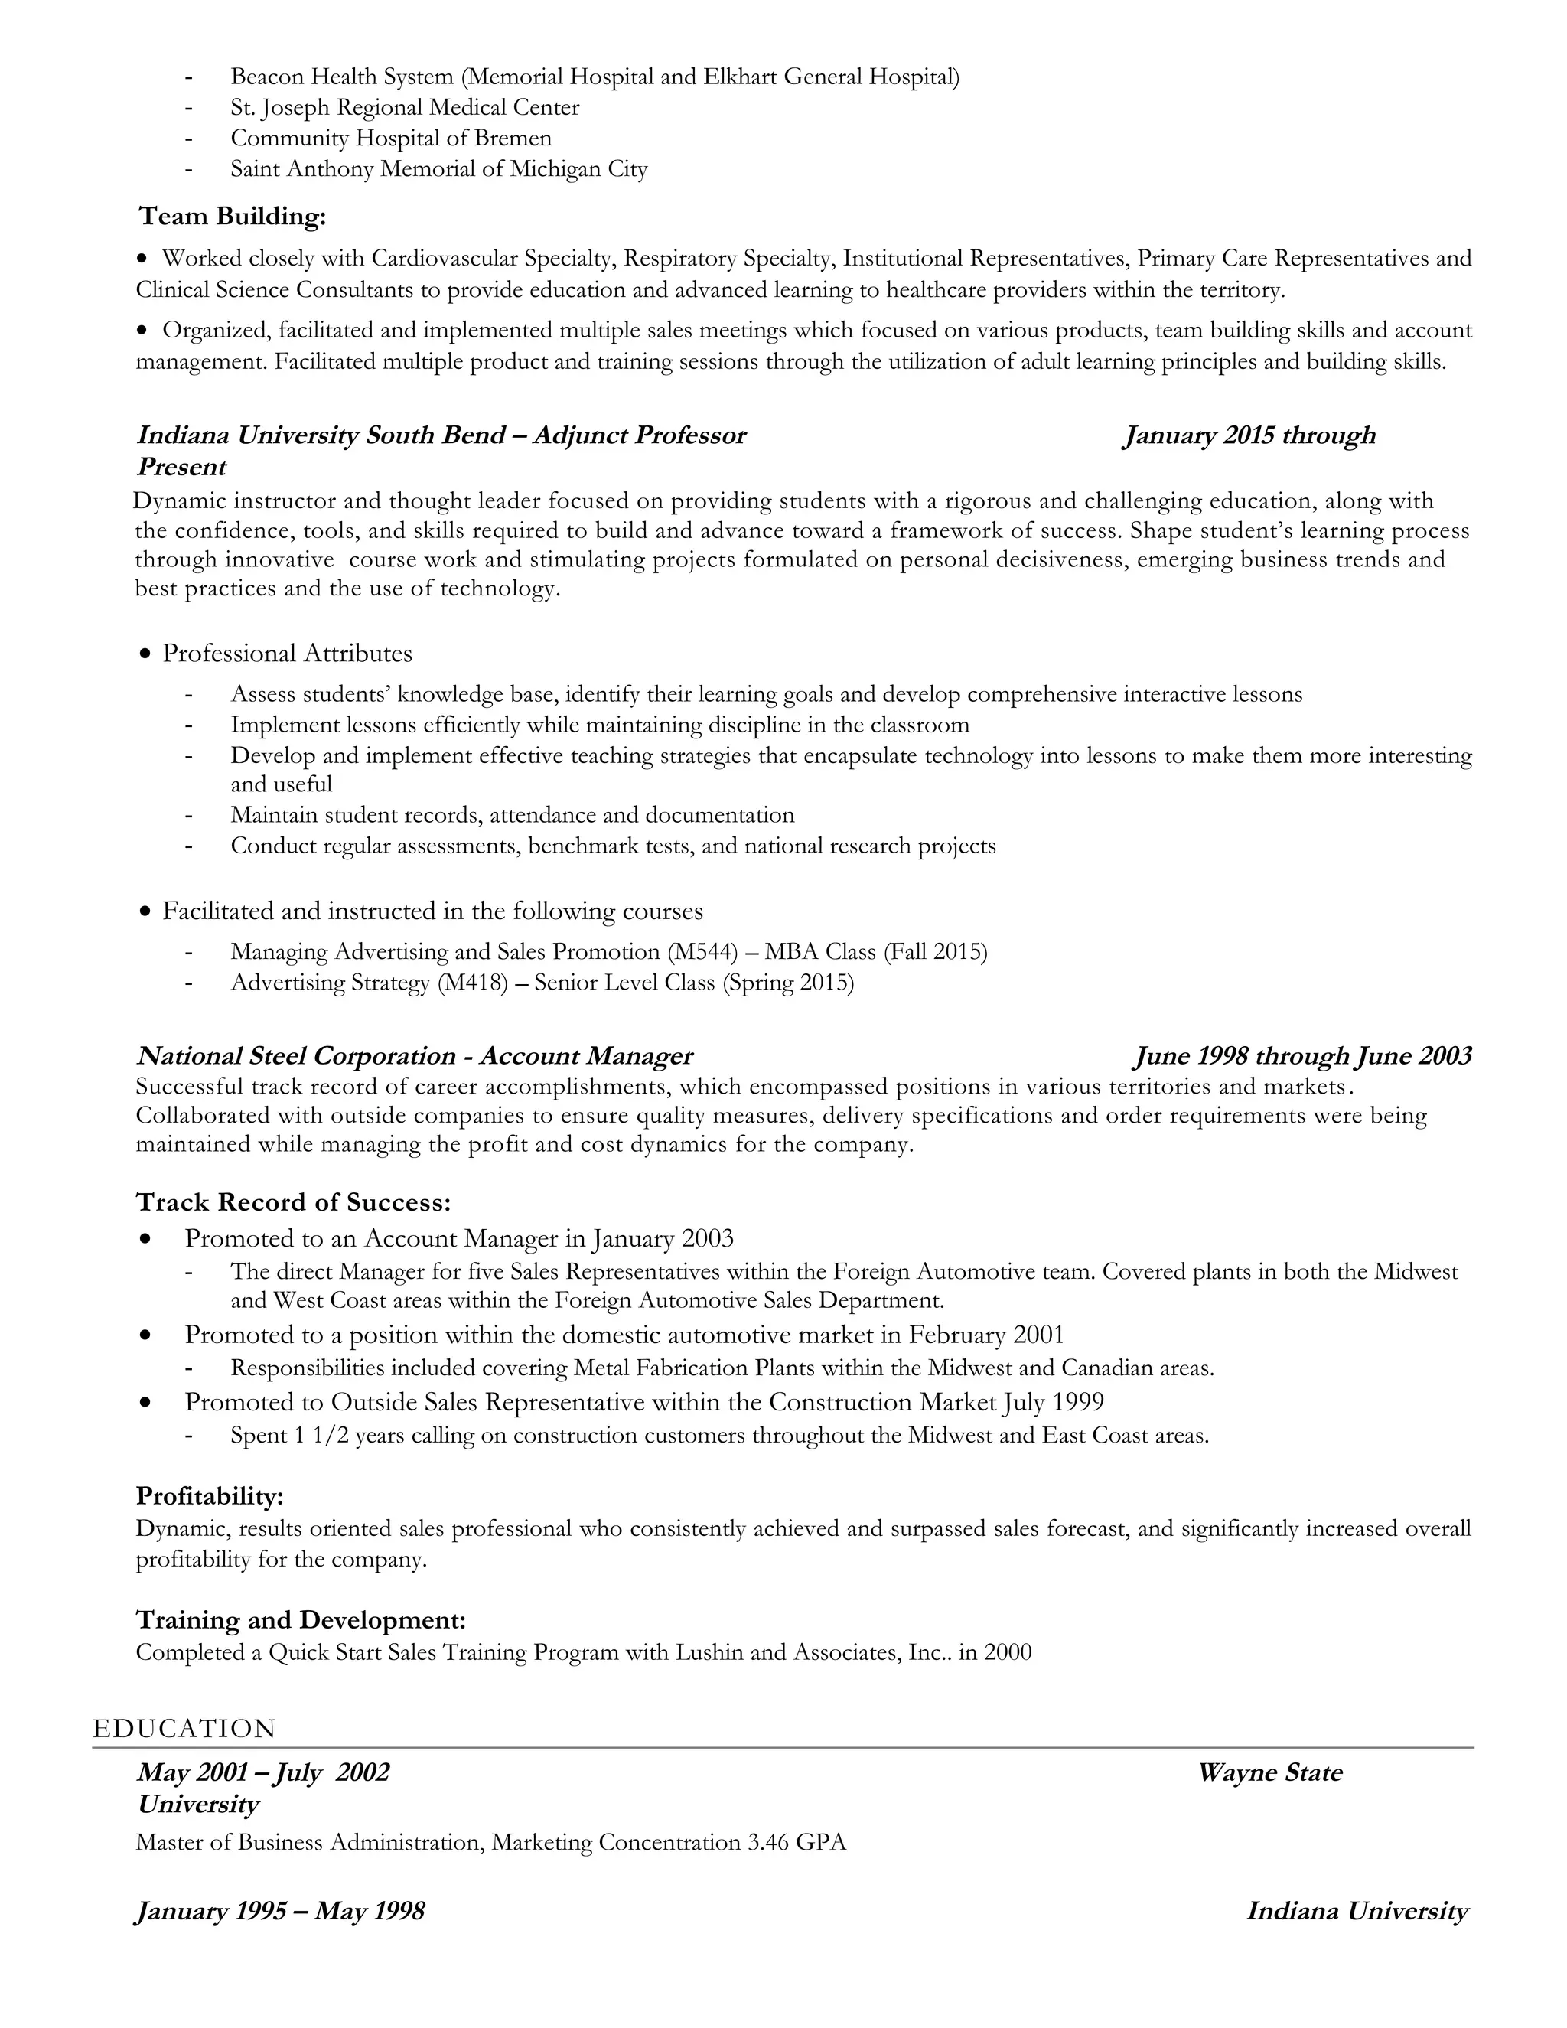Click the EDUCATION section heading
pos(184,1729)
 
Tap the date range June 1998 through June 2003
pos(1302,1056)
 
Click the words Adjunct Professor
pos(639,435)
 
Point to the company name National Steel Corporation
pos(296,1056)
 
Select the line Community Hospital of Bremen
pos(391,139)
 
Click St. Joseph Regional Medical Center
pos(405,108)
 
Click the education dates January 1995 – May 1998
pos(280,1911)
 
